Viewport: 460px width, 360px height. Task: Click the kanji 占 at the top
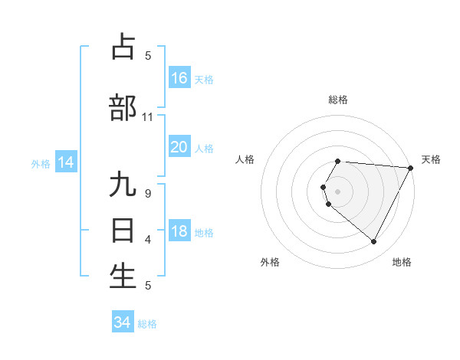123,47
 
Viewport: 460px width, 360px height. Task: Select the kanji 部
123,108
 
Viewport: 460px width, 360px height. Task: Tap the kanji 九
123,186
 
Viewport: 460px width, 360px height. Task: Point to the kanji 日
123,230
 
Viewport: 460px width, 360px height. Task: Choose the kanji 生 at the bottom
123,276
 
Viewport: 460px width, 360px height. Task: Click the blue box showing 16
179,78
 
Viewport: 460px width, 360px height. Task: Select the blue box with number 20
179,147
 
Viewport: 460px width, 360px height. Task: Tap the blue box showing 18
179,232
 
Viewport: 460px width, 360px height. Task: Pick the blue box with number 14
65,162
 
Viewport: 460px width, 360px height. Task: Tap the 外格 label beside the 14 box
41,163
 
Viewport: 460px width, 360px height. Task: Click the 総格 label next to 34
147,324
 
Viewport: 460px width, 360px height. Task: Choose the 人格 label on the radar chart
245,159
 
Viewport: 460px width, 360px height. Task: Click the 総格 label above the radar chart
338,100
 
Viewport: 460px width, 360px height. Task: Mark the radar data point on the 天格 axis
411,168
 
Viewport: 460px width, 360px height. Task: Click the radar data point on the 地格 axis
374,242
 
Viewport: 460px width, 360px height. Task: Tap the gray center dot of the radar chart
338,191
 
